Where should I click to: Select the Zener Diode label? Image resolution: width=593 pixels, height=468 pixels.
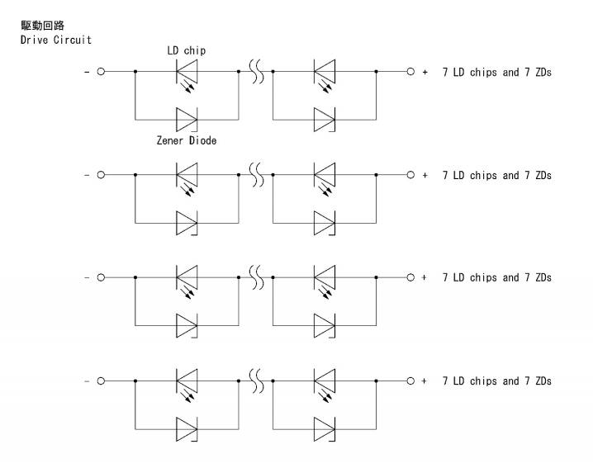pos(186,141)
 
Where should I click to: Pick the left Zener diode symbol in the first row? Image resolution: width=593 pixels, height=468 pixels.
pos(187,120)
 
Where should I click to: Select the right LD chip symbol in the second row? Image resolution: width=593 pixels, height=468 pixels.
pos(325,177)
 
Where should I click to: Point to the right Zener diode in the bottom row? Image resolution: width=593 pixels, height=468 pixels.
pos(325,428)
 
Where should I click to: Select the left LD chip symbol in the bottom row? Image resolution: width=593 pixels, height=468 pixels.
pos(187,383)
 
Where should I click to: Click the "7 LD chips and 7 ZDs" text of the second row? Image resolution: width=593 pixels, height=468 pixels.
pos(496,176)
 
